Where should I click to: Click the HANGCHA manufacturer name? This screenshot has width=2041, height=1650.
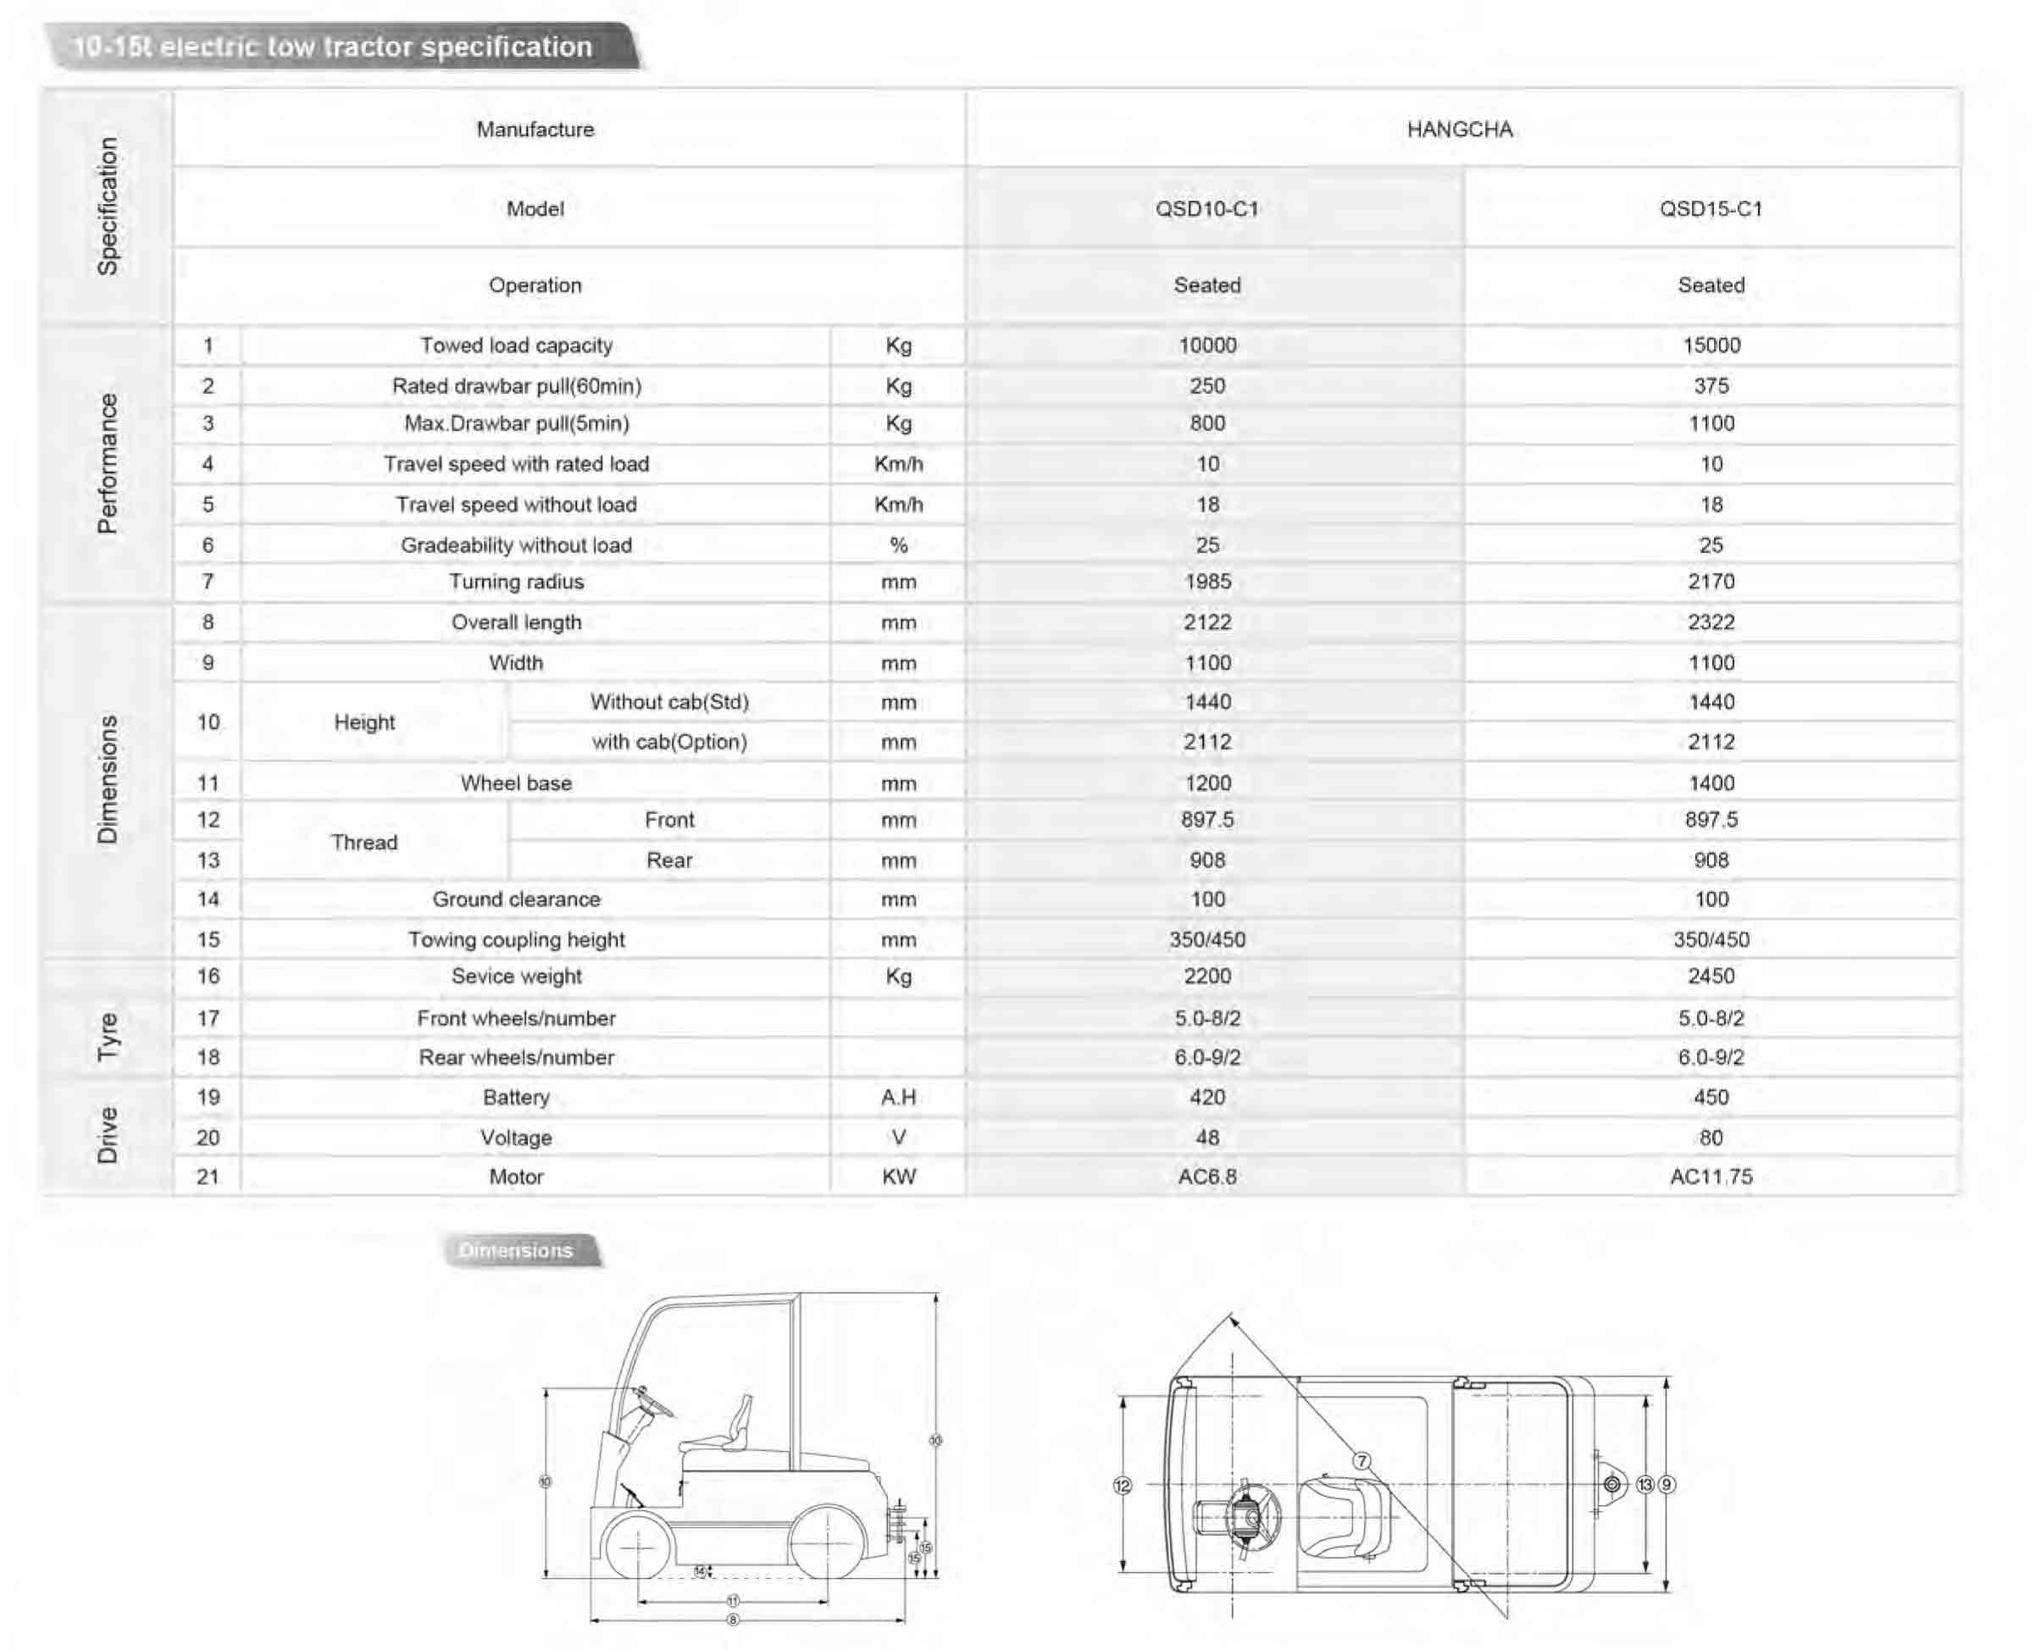click(x=1459, y=130)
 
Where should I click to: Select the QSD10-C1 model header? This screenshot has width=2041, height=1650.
click(x=1206, y=209)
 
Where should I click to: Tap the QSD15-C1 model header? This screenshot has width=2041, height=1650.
click(x=1711, y=209)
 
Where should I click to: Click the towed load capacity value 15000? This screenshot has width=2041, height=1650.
click(x=1711, y=345)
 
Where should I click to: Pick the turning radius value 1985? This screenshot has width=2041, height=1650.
click(x=1207, y=582)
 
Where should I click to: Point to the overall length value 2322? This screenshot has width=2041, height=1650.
click(x=1711, y=623)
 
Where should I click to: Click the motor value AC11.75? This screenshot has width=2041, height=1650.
click(x=1711, y=1177)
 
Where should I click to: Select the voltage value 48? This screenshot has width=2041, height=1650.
click(x=1207, y=1138)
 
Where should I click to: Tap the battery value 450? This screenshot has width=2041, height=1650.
click(x=1711, y=1098)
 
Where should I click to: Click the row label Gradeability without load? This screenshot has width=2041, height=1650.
click(x=516, y=545)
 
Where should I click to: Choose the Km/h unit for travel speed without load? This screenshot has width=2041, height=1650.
click(x=898, y=505)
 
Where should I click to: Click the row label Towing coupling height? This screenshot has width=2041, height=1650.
click(x=516, y=940)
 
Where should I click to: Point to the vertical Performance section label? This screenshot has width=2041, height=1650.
click(x=108, y=464)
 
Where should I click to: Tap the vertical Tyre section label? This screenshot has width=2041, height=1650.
click(x=108, y=1036)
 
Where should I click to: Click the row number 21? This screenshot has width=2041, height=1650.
click(x=208, y=1177)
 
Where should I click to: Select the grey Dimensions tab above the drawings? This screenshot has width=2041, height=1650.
click(x=519, y=1251)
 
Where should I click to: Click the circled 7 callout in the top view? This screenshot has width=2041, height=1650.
click(x=1362, y=1461)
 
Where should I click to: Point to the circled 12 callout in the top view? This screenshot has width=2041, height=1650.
click(x=1123, y=1485)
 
